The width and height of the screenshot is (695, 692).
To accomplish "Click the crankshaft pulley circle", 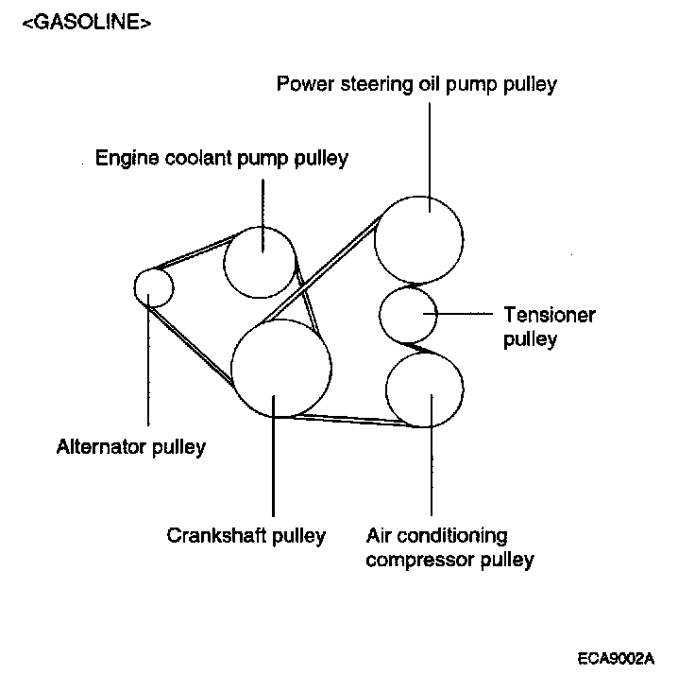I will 281,369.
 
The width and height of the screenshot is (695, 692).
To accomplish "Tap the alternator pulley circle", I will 153,286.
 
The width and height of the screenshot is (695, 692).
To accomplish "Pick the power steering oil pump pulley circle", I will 419,239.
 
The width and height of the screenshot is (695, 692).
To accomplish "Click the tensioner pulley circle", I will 408,316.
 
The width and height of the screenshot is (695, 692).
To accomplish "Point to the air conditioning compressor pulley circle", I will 424,389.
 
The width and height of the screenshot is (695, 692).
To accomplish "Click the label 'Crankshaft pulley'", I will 246,535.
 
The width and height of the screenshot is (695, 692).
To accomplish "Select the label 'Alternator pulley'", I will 130,447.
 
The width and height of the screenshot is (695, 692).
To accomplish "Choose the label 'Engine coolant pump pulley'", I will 222,158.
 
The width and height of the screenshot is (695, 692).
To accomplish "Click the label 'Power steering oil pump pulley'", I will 416,84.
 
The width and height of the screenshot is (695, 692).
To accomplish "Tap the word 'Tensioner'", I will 550,315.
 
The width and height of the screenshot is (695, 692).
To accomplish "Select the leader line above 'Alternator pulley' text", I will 149,369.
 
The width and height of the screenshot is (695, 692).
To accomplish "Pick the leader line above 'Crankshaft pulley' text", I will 274,463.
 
